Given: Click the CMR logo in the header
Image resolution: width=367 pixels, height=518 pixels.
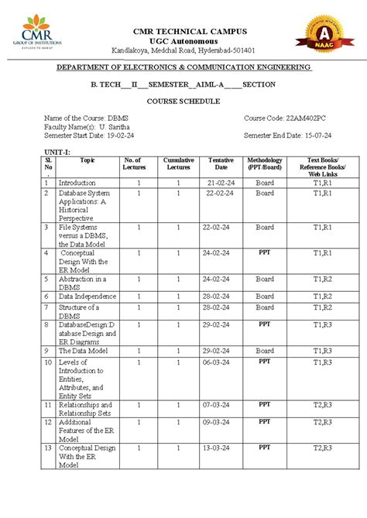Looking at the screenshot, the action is coord(37,33).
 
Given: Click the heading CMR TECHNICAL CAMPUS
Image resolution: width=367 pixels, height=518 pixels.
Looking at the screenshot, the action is coord(190,31).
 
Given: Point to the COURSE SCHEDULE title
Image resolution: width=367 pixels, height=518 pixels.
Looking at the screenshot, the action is coord(183,101).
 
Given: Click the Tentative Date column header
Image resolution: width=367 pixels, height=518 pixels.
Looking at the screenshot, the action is coord(221,163).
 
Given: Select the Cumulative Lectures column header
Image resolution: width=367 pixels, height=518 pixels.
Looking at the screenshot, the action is coord(178,163).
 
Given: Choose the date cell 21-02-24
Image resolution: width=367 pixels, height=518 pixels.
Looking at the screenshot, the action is coord(220,183).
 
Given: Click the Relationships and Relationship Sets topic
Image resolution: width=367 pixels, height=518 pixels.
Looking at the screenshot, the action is coord(85,410).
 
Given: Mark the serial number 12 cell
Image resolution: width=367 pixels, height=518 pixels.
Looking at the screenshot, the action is coord(47,422).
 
